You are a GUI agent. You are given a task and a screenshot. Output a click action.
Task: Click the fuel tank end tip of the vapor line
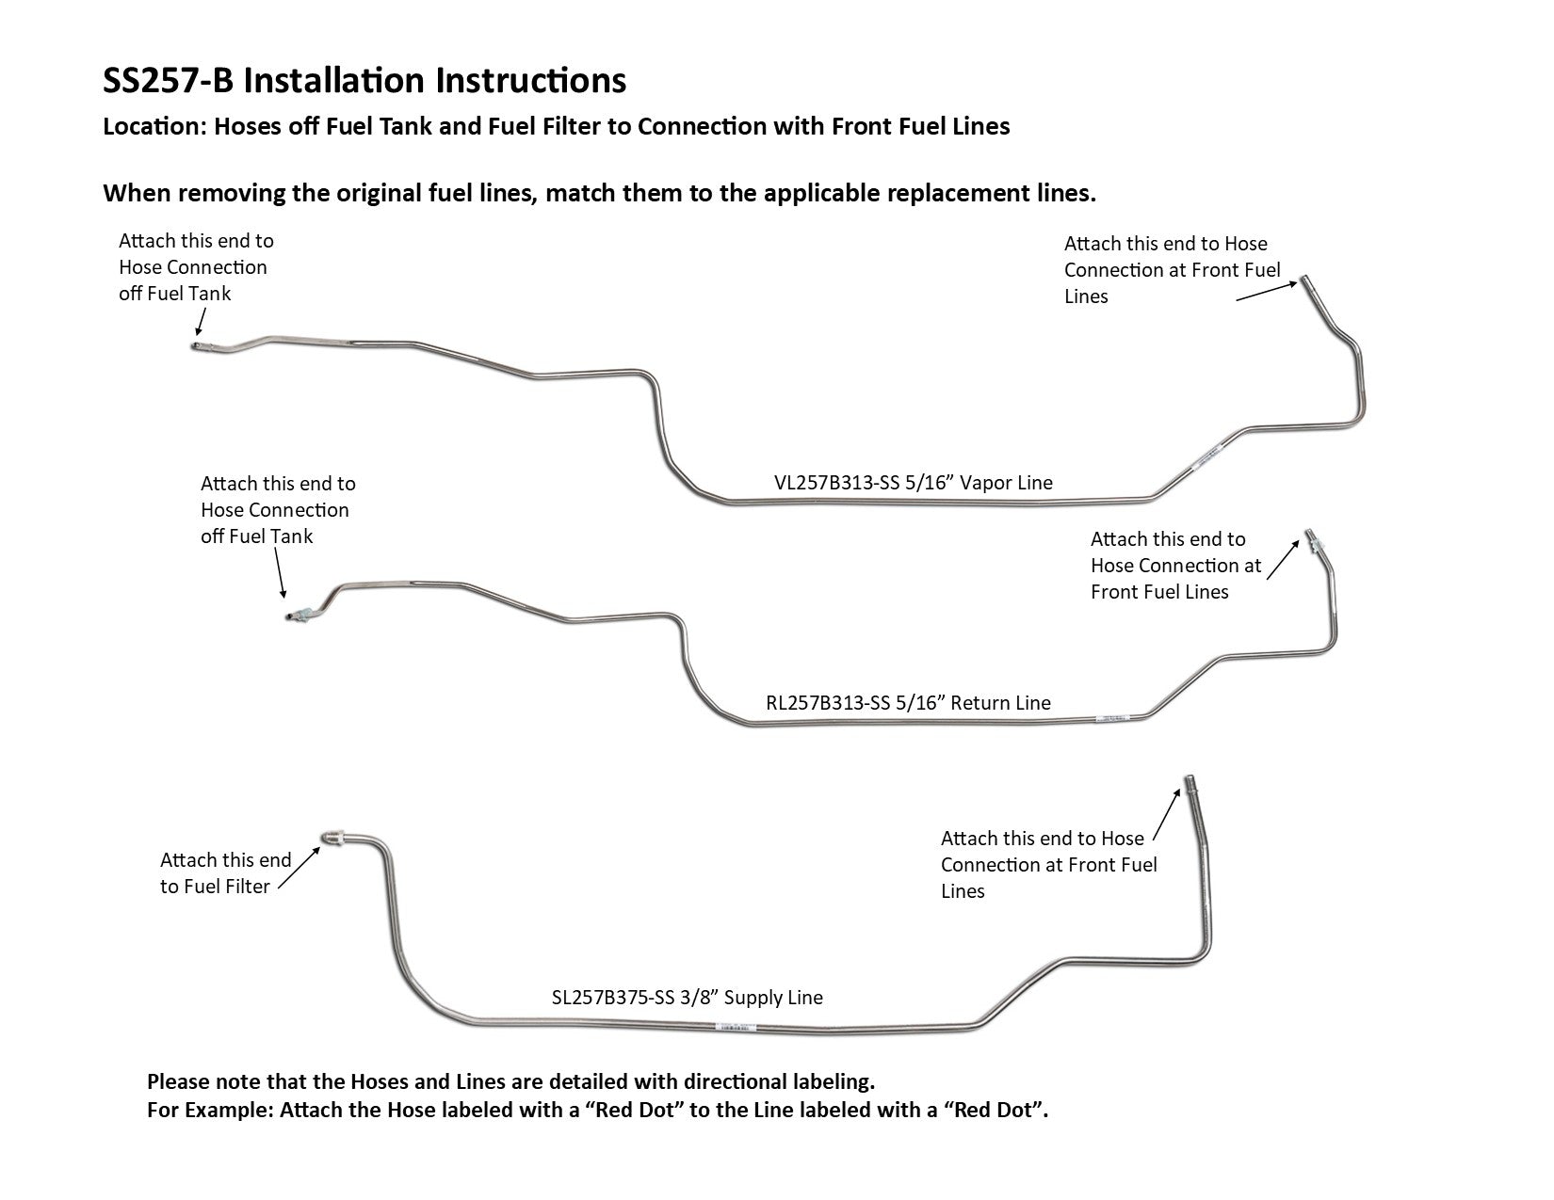(193, 346)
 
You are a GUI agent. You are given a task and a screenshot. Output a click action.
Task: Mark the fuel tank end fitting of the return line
(299, 616)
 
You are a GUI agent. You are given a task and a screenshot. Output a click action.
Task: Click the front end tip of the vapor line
(1306, 281)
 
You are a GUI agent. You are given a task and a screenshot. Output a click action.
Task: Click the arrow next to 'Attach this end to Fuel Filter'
(299, 867)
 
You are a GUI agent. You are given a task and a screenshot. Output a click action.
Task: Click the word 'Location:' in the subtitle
(154, 127)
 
